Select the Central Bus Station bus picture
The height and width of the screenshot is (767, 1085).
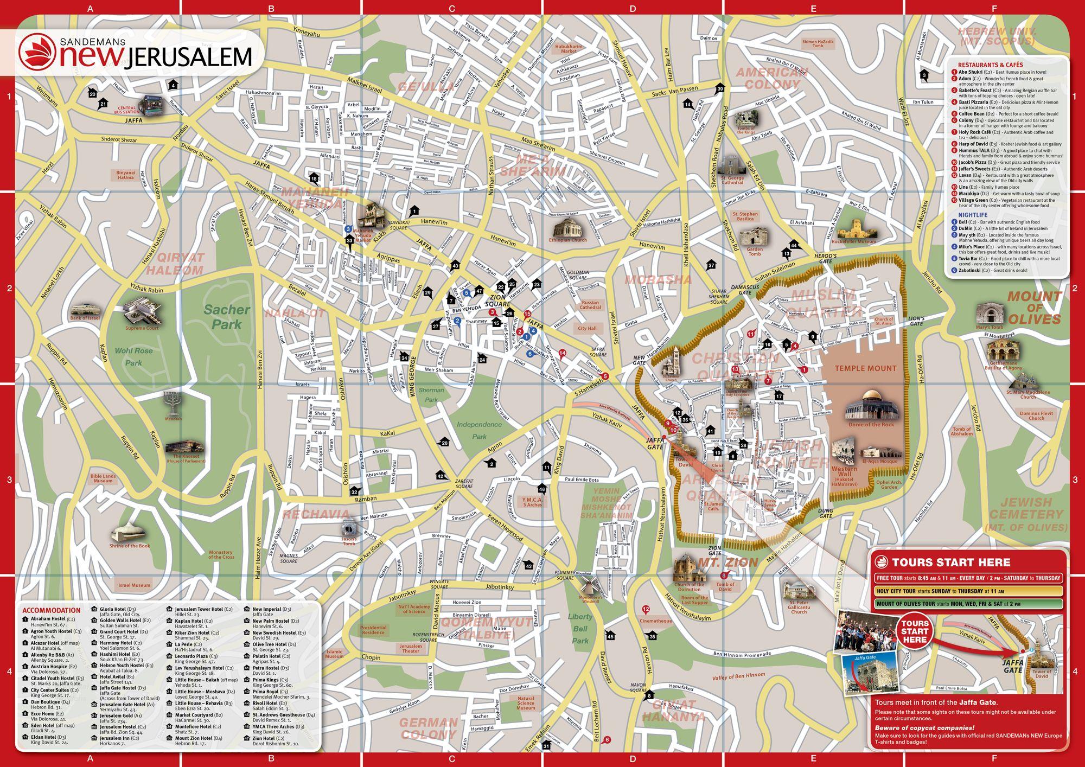pos(152,104)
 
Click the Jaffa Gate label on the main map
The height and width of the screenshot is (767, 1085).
pos(655,443)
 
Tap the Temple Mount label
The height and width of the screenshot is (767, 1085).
pos(865,368)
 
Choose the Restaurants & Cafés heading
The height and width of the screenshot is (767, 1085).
pos(990,65)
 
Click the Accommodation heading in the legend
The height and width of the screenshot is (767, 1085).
pos(52,610)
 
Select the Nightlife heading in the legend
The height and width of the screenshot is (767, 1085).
pos(972,215)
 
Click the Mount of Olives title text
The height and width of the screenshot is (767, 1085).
pos(1034,308)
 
